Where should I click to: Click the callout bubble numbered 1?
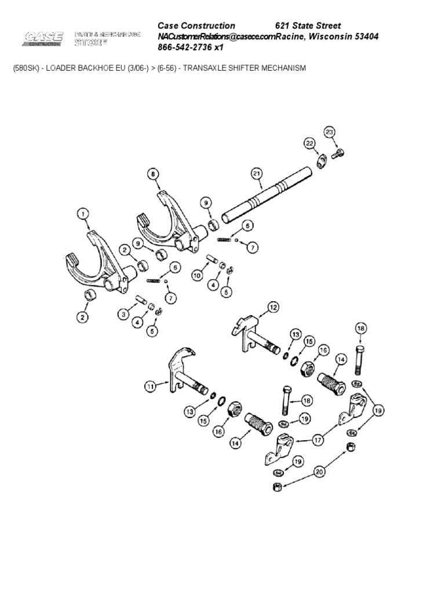click(x=84, y=215)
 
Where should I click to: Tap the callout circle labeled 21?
click(x=257, y=173)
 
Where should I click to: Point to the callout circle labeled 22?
click(x=309, y=143)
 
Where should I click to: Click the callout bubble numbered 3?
click(x=123, y=314)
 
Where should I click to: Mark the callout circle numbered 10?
click(x=197, y=276)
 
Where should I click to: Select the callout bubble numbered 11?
click(x=151, y=386)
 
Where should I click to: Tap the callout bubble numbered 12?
click(x=273, y=307)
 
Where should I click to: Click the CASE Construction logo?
click(x=43, y=39)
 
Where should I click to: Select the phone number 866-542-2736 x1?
click(x=191, y=47)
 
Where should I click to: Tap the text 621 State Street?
click(x=308, y=25)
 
